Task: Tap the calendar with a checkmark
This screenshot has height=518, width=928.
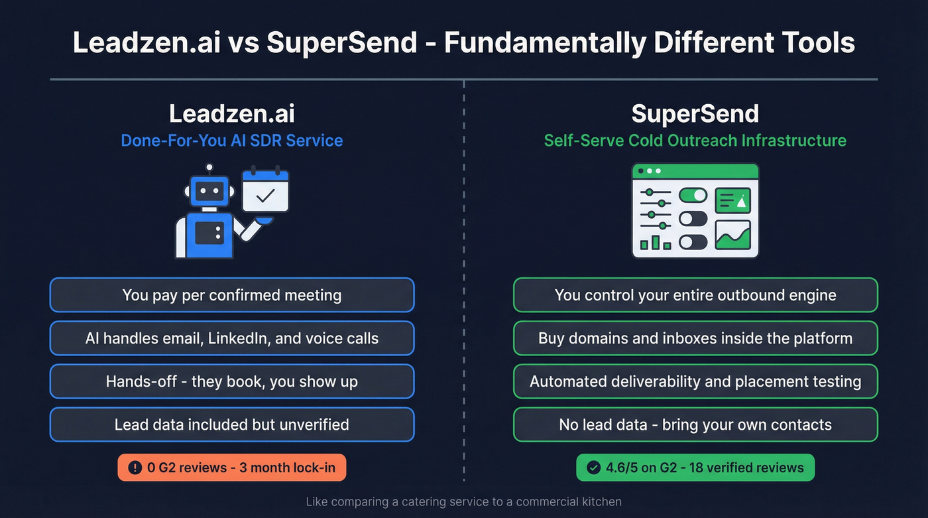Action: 265,191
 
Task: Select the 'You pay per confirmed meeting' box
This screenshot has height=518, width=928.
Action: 232,295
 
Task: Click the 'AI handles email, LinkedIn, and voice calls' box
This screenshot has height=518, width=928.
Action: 232,338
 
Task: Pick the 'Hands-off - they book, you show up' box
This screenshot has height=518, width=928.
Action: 232,381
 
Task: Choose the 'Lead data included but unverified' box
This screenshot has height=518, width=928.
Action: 232,424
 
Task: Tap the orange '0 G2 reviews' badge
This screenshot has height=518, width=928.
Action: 232,468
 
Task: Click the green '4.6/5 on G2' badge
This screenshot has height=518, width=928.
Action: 695,468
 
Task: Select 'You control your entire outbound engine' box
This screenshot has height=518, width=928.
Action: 695,295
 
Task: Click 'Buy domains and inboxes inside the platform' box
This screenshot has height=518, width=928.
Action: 695,338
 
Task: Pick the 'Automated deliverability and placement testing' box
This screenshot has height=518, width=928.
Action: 695,381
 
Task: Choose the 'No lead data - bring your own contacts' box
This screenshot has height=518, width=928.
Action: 695,424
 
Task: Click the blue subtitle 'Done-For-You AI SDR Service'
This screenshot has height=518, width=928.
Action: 232,141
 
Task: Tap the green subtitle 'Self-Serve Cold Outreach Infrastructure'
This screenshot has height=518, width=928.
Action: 695,141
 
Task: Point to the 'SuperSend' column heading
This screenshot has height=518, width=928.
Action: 695,114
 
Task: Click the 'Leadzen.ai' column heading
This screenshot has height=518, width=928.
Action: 232,114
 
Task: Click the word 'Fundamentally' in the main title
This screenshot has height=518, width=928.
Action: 544,43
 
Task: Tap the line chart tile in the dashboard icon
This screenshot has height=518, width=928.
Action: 732,234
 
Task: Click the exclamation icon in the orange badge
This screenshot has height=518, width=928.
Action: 135,468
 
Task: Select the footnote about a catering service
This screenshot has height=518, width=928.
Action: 464,502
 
